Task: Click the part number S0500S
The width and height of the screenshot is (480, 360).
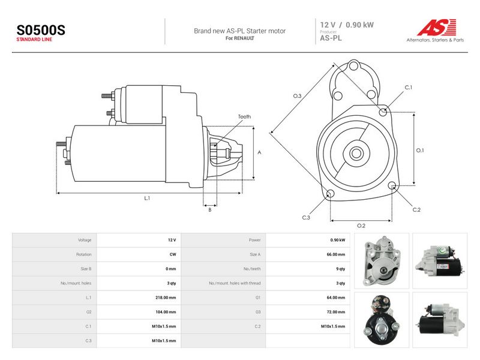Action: (x=41, y=30)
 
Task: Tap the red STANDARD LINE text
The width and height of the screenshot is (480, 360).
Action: (x=34, y=40)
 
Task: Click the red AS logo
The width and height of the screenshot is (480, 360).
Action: (x=437, y=27)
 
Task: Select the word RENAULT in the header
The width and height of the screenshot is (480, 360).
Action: (x=244, y=38)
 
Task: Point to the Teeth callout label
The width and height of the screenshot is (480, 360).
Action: (x=244, y=116)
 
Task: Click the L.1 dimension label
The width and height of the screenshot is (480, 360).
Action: (x=147, y=198)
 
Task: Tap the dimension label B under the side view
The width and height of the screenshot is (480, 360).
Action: (x=209, y=209)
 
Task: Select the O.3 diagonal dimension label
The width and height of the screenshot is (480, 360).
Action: (x=297, y=96)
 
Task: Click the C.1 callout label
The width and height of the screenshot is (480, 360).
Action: (x=409, y=87)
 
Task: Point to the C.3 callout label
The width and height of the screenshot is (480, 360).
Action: (x=306, y=217)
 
